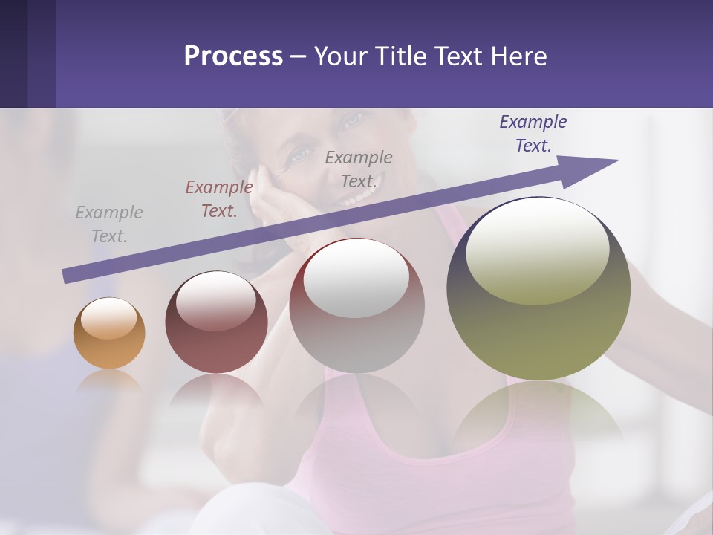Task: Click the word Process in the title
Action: tap(233, 56)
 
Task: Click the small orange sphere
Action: tap(109, 334)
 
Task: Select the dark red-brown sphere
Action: tap(215, 322)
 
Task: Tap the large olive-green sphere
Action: tap(538, 289)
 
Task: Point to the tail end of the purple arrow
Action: tap(67, 276)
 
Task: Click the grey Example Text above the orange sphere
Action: tap(109, 224)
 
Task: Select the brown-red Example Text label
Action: tap(219, 199)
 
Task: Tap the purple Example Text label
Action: tap(533, 134)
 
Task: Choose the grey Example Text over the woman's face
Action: tap(359, 169)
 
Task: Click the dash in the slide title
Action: tap(298, 57)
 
